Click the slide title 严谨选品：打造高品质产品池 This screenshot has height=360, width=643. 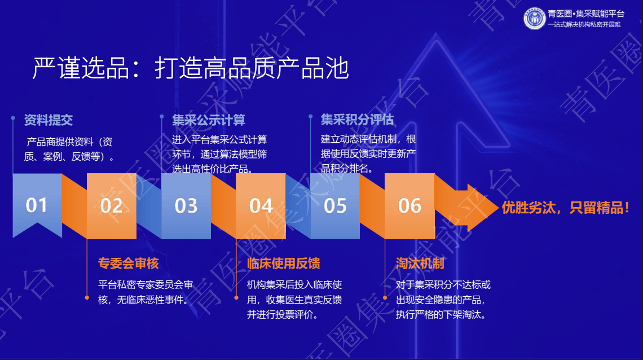[191, 68]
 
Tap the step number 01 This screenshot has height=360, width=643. [37, 205]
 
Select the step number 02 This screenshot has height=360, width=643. [112, 206]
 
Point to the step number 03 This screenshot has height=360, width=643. [186, 206]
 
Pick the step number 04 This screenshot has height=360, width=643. [261, 206]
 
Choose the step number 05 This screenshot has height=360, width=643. [336, 206]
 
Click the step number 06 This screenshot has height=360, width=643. [409, 206]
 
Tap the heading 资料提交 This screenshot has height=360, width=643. [49, 120]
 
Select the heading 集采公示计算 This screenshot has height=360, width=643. [209, 120]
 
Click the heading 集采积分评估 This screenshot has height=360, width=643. [357, 119]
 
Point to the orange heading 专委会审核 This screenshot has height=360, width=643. [129, 264]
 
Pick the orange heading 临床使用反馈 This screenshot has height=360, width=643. [283, 264]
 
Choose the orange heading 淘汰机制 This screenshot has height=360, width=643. [420, 264]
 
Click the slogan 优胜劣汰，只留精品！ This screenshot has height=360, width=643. [566, 208]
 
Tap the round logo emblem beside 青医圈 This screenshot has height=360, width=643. [534, 19]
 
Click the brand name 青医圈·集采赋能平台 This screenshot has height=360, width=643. [586, 14]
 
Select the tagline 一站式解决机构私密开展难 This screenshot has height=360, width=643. [584, 25]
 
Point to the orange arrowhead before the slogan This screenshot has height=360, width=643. [477, 208]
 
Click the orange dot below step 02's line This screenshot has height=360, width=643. [87, 298]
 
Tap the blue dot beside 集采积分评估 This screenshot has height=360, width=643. [310, 117]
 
